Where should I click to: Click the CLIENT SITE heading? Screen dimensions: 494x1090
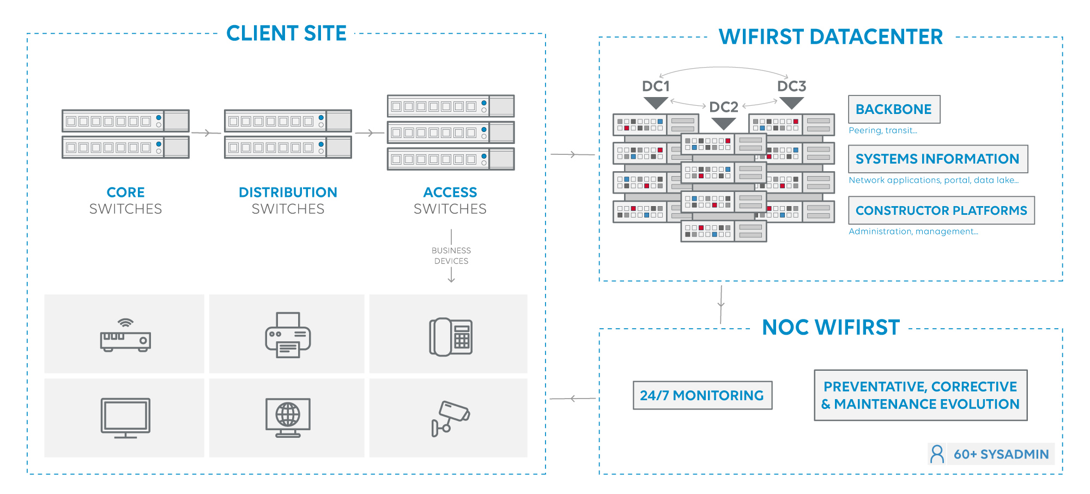[x=286, y=33]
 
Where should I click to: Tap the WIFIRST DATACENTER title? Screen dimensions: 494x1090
[x=831, y=37]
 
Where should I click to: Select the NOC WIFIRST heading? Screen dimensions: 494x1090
[x=831, y=328]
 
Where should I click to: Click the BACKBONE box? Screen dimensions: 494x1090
[x=894, y=109]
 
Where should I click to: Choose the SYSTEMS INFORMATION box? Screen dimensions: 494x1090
[x=937, y=159]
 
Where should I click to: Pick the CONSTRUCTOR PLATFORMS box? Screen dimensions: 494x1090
[x=941, y=210]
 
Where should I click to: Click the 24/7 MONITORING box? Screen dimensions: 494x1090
[x=702, y=395]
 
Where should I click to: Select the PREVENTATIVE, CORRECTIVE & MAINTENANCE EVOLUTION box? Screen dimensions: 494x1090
[x=921, y=395]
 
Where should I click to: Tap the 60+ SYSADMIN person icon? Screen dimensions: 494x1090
[x=937, y=454]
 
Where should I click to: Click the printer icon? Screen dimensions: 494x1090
[x=288, y=335]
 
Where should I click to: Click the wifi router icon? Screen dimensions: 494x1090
[x=125, y=335]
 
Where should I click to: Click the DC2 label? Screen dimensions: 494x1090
[x=724, y=107]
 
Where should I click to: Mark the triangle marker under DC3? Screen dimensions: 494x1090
[x=791, y=103]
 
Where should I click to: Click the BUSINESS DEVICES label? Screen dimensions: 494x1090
[x=451, y=256]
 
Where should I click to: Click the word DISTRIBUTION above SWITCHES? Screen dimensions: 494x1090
[x=288, y=192]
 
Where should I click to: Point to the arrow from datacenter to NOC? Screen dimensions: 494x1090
[x=721, y=304]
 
